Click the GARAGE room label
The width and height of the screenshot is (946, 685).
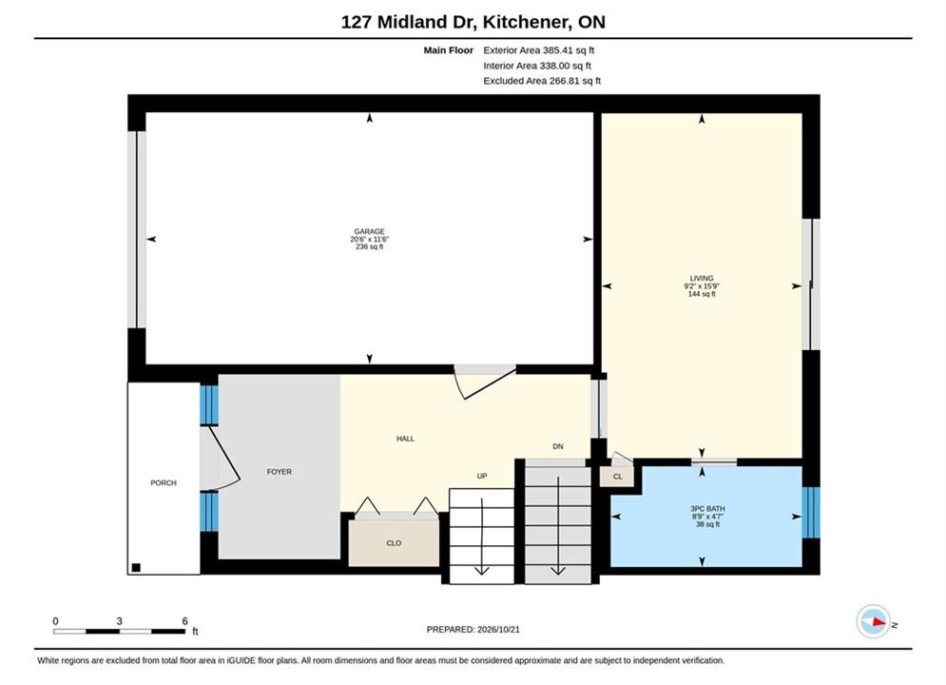pyautogui.click(x=369, y=231)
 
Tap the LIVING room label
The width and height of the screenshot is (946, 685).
pyautogui.click(x=702, y=278)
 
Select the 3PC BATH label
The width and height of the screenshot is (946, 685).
pyautogui.click(x=707, y=509)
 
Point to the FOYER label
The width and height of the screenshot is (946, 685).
pyautogui.click(x=280, y=472)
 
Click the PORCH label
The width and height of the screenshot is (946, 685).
pyautogui.click(x=164, y=482)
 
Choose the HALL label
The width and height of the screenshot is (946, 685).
pyautogui.click(x=405, y=439)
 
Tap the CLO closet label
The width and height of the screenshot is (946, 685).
pyautogui.click(x=394, y=543)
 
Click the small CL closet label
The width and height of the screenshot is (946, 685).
pyautogui.click(x=618, y=477)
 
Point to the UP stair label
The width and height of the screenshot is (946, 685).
pyautogui.click(x=482, y=477)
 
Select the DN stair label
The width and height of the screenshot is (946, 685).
pyautogui.click(x=558, y=446)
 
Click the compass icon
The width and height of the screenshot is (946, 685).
pyautogui.click(x=873, y=621)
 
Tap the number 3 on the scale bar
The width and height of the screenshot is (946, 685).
pyautogui.click(x=120, y=621)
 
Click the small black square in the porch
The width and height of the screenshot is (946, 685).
pyautogui.click(x=136, y=567)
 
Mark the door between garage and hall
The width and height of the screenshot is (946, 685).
pyautogui.click(x=485, y=382)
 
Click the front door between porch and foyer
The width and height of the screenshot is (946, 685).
pyautogui.click(x=221, y=458)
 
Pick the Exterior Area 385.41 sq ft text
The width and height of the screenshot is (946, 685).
pyautogui.click(x=539, y=50)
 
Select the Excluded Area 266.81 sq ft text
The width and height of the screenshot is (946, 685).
pyautogui.click(x=542, y=81)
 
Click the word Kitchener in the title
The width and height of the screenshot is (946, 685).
pyautogui.click(x=526, y=22)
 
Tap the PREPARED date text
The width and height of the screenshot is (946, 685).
pyautogui.click(x=473, y=630)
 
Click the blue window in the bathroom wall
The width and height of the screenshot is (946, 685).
pyautogui.click(x=811, y=513)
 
